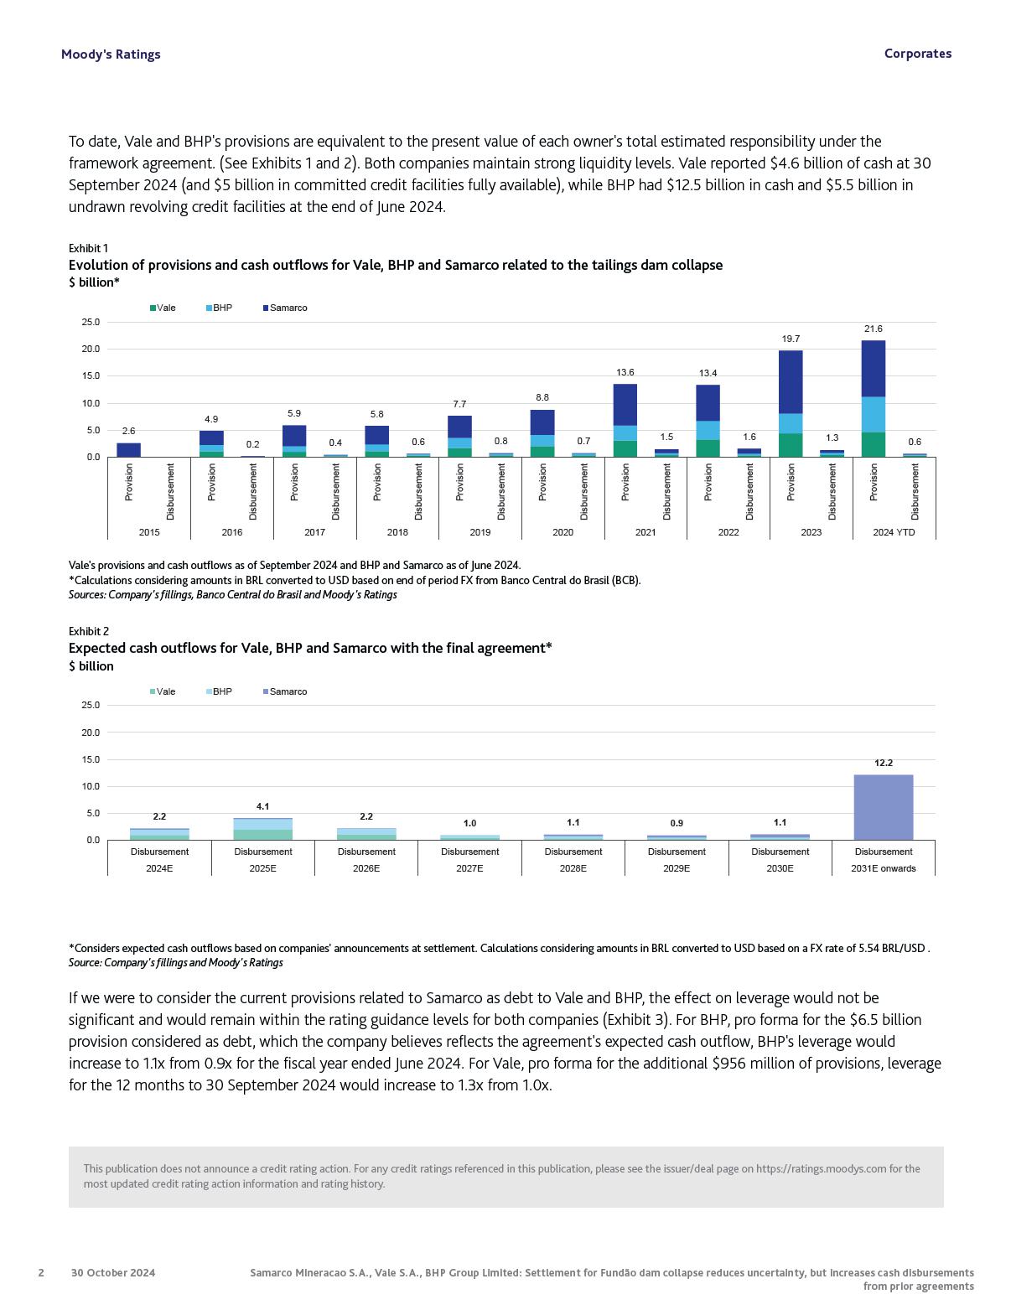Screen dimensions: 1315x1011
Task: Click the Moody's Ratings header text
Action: click(111, 54)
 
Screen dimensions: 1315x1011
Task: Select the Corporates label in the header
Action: click(917, 54)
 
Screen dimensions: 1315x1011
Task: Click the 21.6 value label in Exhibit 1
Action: click(873, 329)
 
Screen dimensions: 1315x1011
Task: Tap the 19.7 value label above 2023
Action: click(791, 339)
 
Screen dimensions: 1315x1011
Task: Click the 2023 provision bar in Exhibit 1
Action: click(791, 402)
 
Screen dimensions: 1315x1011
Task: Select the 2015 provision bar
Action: click(128, 450)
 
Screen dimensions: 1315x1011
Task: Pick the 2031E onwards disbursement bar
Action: click(883, 807)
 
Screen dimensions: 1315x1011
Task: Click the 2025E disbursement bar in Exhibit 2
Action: click(262, 829)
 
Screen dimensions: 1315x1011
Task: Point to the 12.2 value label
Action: click(883, 763)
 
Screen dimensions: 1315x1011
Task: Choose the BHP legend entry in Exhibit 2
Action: click(219, 691)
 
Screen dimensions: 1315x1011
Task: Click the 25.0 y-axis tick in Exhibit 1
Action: click(90, 322)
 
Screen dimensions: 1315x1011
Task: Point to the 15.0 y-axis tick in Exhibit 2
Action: click(90, 759)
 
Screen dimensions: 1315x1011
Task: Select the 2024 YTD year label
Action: click(894, 532)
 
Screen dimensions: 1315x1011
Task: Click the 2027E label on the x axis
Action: click(469, 868)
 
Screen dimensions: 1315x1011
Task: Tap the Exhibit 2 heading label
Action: click(89, 631)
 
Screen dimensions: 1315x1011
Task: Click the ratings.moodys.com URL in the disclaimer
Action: click(821, 1168)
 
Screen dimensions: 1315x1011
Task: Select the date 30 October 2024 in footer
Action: click(113, 1272)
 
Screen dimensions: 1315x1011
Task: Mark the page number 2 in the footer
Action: click(41, 1272)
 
